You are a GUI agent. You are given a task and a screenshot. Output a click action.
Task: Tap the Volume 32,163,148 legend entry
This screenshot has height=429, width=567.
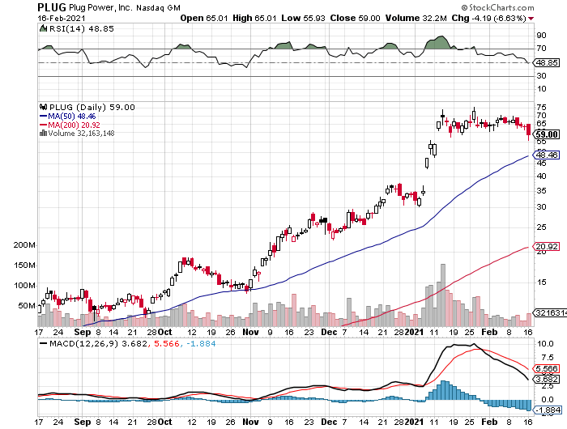click(80, 134)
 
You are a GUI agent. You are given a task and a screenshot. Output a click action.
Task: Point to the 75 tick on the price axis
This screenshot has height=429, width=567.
click(540, 106)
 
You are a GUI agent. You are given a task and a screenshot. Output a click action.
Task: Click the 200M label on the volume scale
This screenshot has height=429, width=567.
click(25, 244)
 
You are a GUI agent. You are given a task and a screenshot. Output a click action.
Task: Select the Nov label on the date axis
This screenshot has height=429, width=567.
click(252, 332)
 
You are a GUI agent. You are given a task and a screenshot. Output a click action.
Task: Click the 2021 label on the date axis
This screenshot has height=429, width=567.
click(413, 332)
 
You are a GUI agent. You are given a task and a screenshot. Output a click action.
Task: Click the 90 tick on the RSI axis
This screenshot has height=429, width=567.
click(540, 36)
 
